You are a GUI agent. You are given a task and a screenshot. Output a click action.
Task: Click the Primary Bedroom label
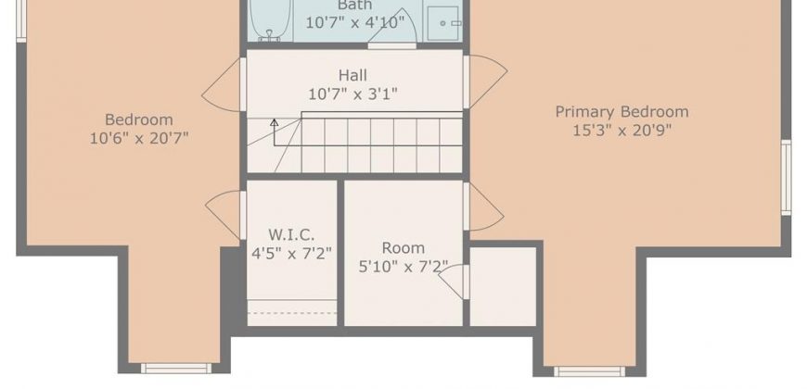621,112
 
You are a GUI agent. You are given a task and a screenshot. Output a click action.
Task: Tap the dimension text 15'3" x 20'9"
621,131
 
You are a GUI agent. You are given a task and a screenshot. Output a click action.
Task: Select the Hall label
353,76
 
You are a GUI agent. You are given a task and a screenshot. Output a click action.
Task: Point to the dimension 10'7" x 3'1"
353,94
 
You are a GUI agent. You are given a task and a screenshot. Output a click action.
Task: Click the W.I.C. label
291,235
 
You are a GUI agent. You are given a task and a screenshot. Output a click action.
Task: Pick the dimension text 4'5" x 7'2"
291,254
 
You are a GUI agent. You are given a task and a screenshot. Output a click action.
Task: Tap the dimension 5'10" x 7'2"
403,268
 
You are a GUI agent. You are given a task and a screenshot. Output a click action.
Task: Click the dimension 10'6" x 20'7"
139,138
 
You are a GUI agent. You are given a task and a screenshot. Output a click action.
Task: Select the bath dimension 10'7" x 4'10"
355,23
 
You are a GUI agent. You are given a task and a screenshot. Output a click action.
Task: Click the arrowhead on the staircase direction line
275,122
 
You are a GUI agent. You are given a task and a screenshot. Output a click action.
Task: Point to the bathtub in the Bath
270,20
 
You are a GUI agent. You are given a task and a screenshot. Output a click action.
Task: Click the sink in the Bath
442,23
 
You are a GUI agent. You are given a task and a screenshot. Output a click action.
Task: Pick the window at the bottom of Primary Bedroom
590,371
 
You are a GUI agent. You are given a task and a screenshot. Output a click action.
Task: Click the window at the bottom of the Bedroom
176,369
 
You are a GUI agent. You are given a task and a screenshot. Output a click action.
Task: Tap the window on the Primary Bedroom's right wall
786,177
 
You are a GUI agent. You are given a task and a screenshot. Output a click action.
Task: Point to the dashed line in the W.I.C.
292,312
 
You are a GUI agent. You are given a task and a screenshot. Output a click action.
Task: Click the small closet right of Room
503,286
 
